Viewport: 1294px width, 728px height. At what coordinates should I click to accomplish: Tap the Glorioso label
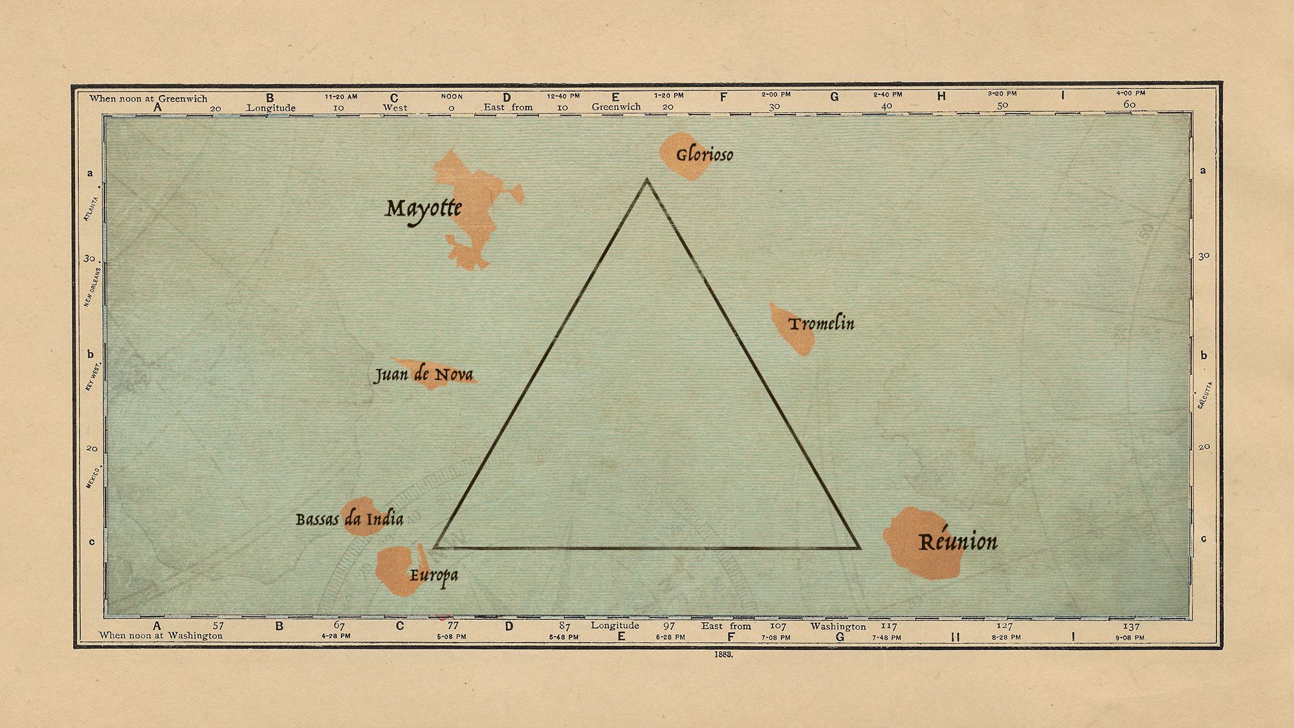coord(705,155)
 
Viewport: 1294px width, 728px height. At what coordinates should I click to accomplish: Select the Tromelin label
coord(821,323)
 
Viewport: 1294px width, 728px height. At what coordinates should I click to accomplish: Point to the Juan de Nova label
coord(424,375)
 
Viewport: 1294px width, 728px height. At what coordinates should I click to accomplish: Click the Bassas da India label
coord(349,519)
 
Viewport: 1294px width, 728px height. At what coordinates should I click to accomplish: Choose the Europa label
coord(433,575)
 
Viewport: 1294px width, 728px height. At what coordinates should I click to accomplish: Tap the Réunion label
coord(958,542)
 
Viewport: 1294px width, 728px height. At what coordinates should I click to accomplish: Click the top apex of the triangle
coord(646,180)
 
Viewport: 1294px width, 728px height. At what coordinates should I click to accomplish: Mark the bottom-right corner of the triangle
coord(859,547)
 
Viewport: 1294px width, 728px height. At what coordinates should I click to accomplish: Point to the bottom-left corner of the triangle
coord(435,547)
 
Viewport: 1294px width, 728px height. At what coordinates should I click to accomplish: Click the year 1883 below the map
coord(723,654)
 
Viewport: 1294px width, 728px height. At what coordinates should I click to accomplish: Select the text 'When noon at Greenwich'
coord(148,98)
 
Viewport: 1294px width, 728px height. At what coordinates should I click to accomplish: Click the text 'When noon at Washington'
coord(160,635)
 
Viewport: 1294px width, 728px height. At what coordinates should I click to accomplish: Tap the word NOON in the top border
coord(452,96)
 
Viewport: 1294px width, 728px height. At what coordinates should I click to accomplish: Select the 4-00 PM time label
coord(1130,93)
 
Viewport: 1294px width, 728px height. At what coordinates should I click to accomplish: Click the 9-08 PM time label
coord(1130,637)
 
